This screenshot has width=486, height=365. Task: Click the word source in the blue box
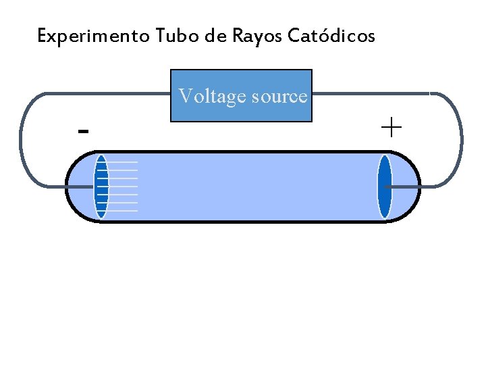tap(279, 97)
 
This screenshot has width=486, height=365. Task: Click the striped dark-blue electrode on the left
tap(101, 187)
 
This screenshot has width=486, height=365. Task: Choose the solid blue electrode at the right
tap(385, 187)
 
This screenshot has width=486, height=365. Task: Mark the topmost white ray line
tap(123, 162)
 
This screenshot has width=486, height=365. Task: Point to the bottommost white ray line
tap(123, 211)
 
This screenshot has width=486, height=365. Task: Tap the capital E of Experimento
tap(43, 36)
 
